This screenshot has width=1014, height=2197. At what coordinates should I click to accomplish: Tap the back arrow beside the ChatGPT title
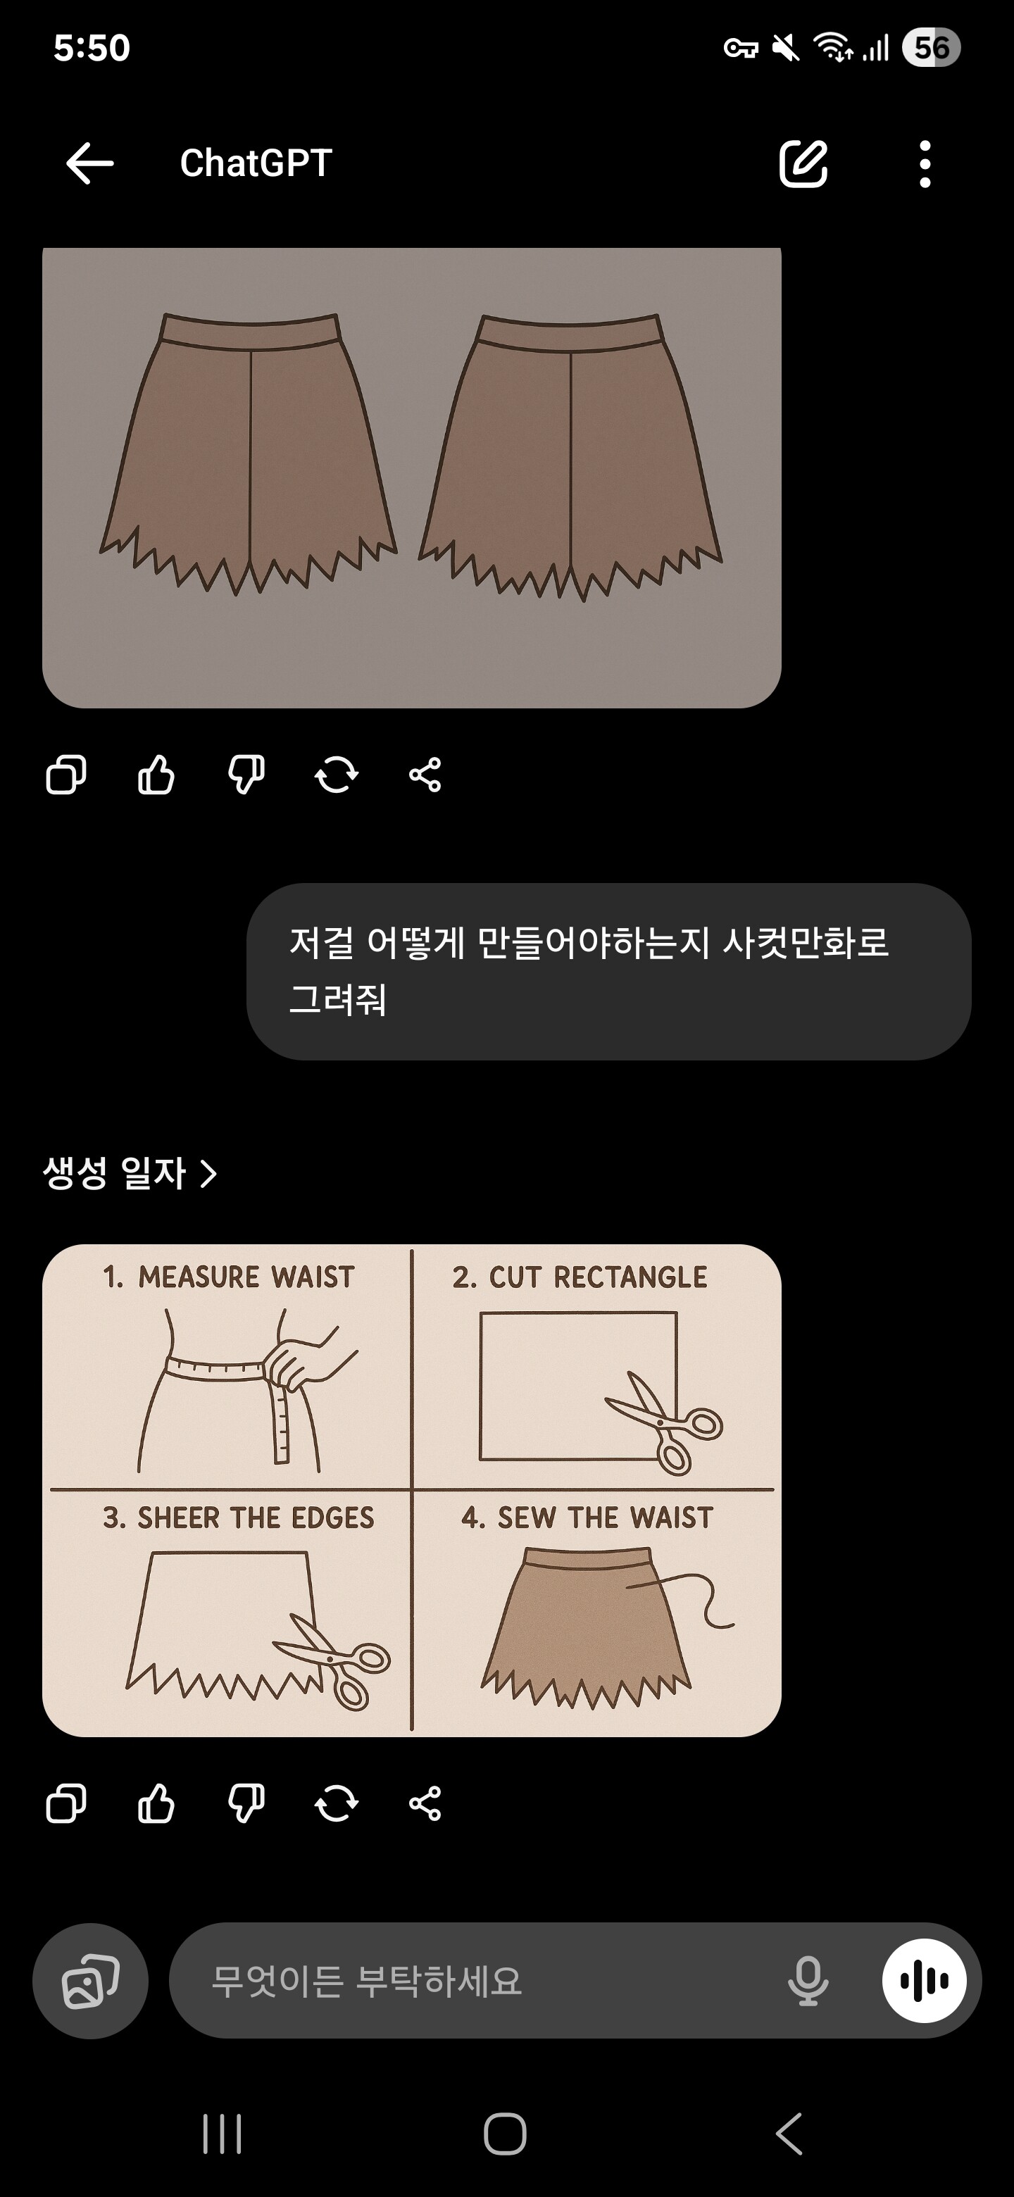pos(89,163)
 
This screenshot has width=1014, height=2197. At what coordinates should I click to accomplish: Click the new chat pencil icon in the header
pos(803,163)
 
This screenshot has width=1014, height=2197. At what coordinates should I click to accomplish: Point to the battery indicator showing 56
pos(932,48)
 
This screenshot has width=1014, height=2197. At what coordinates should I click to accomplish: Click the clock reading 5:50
pos(92,48)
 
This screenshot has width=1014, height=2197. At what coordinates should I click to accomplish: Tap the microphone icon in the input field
pos(808,1980)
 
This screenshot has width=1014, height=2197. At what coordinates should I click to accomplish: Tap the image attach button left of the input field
pos(90,1980)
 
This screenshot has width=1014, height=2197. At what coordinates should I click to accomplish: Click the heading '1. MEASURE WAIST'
pos(229,1277)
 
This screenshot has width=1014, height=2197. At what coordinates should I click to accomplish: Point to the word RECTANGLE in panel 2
pos(630,1277)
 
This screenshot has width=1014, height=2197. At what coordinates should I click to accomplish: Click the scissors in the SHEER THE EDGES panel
pos(332,1660)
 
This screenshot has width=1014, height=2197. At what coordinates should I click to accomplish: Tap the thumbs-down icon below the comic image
pos(246,1803)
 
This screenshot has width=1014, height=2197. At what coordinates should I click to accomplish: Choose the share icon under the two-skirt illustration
pos(425,775)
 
